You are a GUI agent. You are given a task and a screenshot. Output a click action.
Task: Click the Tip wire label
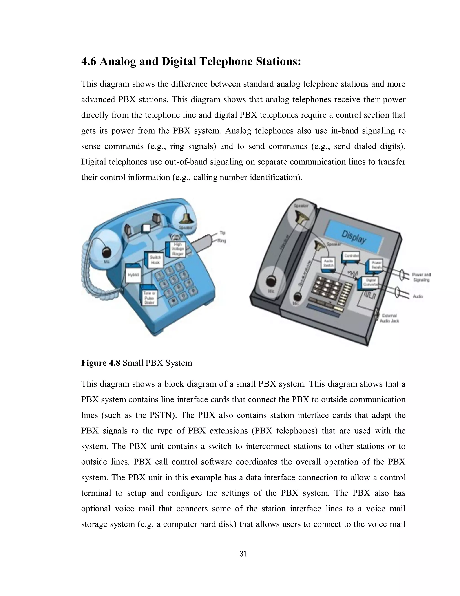[222, 233]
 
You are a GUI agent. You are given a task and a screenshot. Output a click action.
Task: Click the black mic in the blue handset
[106, 252]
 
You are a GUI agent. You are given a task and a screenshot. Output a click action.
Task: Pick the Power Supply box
[376, 264]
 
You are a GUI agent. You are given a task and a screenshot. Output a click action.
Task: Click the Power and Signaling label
[421, 277]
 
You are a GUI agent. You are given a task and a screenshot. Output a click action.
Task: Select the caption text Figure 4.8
[101, 363]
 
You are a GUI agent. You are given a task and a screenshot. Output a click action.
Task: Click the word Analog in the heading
[118, 61]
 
